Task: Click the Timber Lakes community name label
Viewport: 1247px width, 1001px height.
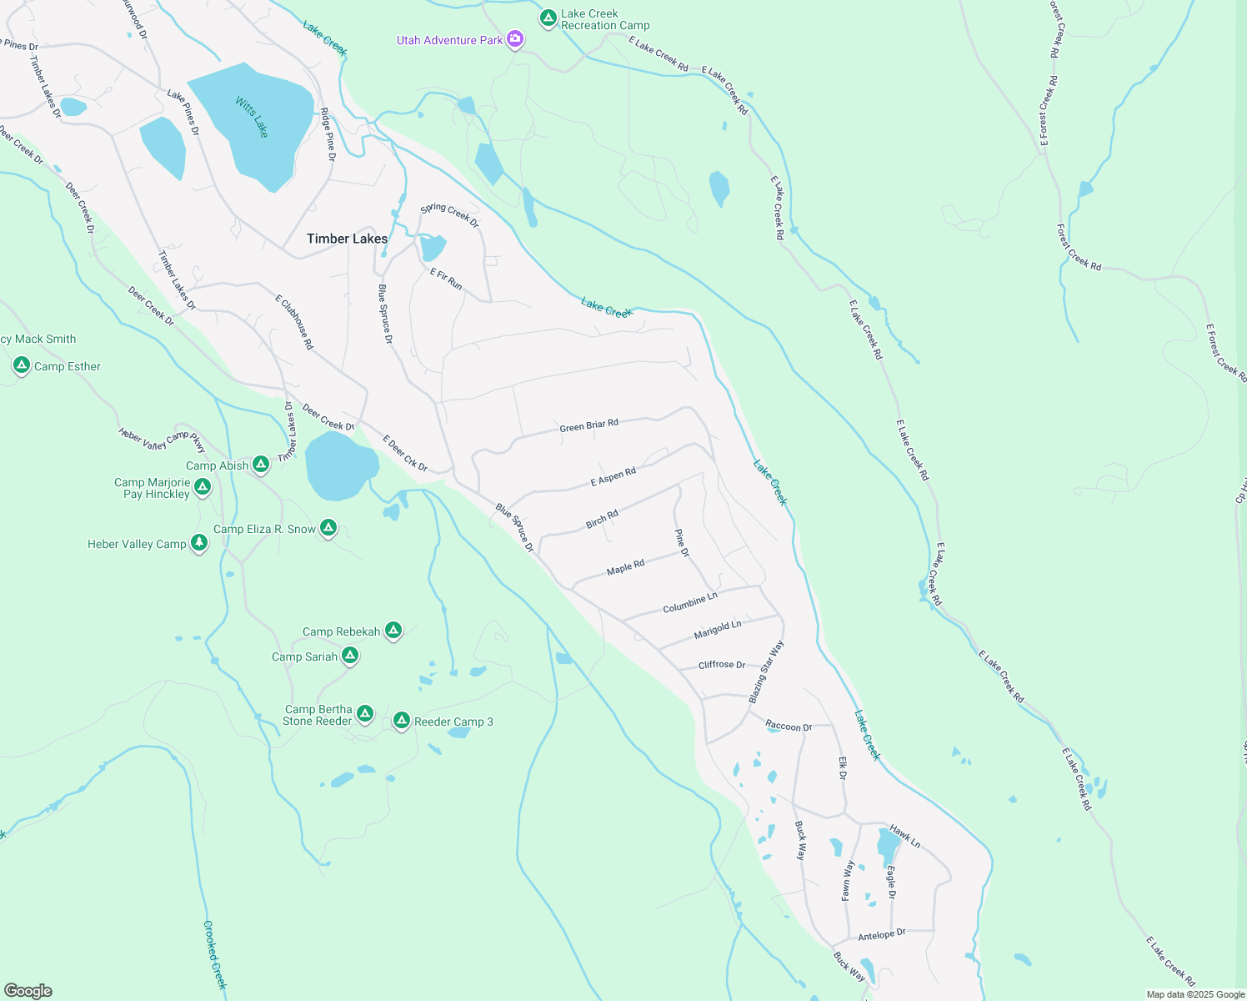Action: [347, 239]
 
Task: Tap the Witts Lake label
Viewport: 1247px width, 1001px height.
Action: [252, 117]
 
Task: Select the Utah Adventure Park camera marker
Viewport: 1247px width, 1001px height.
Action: [516, 39]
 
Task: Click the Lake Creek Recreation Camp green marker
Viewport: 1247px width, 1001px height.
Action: [548, 18]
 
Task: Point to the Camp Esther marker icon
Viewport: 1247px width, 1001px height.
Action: [22, 365]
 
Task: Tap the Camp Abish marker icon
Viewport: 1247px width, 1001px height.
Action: [261, 464]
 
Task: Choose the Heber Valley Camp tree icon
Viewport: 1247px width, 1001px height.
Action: [198, 543]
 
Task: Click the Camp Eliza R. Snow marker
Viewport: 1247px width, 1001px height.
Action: [328, 527]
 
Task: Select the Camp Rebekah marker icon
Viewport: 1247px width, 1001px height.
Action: [393, 631]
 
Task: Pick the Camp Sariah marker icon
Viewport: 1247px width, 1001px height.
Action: [351, 656]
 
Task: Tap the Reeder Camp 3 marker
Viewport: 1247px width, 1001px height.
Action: [401, 721]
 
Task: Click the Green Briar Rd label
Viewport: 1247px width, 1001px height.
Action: [588, 425]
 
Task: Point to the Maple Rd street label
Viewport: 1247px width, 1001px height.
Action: [625, 567]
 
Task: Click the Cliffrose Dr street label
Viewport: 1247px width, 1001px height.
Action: [722, 665]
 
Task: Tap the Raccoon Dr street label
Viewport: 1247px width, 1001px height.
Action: [789, 727]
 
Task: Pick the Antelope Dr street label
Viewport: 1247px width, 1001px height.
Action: [881, 935]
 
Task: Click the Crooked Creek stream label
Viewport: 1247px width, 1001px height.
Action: [215, 954]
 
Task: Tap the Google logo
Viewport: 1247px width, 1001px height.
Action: [28, 991]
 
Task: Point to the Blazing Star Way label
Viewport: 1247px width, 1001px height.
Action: [766, 672]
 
